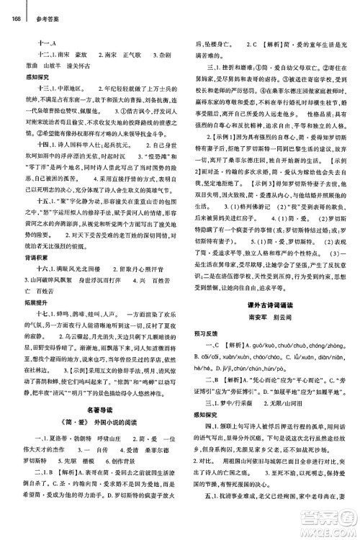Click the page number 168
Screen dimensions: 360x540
click(16, 7)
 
